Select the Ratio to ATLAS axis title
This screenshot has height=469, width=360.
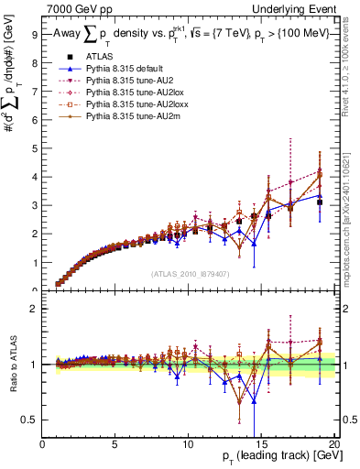(14, 366)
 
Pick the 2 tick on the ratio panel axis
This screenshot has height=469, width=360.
(35, 309)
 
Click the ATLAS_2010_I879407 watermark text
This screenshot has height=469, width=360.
(190, 273)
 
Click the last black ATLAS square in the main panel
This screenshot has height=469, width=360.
(319, 202)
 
